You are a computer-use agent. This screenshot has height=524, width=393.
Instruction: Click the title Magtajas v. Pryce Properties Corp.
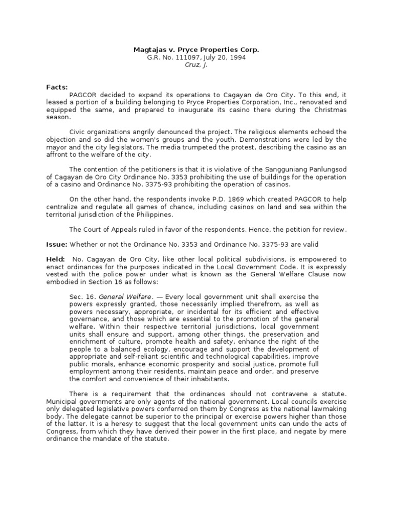pyautogui.click(x=196, y=50)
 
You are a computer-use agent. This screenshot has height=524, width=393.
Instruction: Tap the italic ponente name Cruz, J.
pyautogui.click(x=196, y=65)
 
